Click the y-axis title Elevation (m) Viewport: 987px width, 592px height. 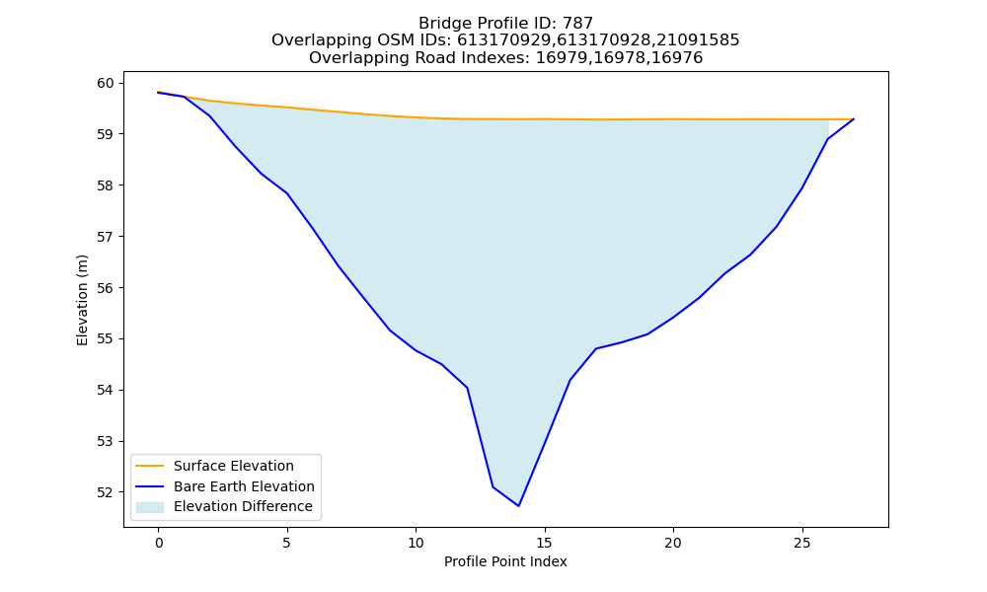82,300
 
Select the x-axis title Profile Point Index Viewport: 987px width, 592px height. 505,561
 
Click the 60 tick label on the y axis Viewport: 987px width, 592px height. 107,83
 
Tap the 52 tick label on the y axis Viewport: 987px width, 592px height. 107,492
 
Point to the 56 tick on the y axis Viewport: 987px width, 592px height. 107,288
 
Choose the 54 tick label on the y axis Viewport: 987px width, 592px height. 107,390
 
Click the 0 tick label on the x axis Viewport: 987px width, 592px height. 159,543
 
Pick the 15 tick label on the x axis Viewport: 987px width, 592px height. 545,543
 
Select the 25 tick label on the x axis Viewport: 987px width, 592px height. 801,543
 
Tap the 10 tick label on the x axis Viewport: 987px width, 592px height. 416,543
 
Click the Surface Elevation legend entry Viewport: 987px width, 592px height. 214,466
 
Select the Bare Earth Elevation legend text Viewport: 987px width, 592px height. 244,486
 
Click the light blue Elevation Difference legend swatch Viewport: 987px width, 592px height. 150,507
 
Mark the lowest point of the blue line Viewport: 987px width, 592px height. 519,506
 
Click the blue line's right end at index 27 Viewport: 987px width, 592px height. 854,119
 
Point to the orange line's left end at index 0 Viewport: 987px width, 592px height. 158,92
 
